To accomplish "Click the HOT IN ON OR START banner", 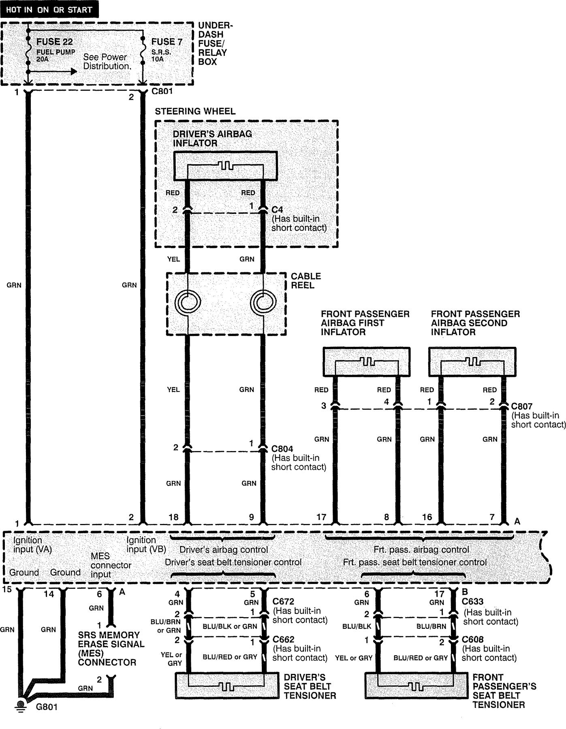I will (49, 9).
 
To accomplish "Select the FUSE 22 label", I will (55, 42).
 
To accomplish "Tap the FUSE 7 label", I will (167, 42).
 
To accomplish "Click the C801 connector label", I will (162, 92).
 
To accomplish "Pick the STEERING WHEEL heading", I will (195, 111).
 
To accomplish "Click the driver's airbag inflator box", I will (226, 166).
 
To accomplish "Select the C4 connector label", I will (277, 210).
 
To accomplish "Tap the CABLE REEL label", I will (306, 280).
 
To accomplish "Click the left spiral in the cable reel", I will (188, 302).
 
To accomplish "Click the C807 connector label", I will (521, 406).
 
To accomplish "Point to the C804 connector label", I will (282, 449).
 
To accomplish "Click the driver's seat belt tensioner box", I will (226, 686).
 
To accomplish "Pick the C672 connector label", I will (283, 602).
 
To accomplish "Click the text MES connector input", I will (111, 565).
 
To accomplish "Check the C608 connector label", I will (472, 639).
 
